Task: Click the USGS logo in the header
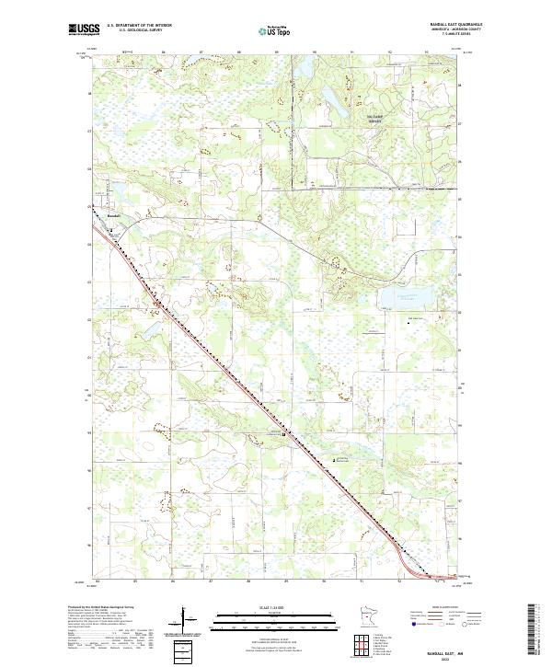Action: [82, 30]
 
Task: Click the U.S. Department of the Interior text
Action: [139, 27]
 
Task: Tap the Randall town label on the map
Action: [114, 215]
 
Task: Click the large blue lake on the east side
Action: [402, 297]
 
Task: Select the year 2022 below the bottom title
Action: [451, 658]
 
